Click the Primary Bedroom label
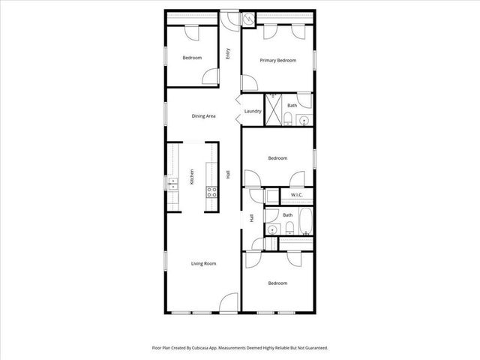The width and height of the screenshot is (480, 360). tap(277, 60)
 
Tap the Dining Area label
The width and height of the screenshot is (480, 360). tap(204, 115)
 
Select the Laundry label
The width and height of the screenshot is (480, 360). tap(253, 112)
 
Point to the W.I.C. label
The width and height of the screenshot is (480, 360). tap(295, 196)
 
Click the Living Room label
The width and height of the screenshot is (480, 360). tap(204, 263)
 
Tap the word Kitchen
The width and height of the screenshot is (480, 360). tap(192, 176)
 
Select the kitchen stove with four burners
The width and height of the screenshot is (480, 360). tap(212, 191)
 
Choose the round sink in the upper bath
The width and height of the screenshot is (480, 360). tap(303, 120)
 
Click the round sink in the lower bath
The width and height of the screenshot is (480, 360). tap(274, 230)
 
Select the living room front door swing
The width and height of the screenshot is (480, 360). tap(229, 303)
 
